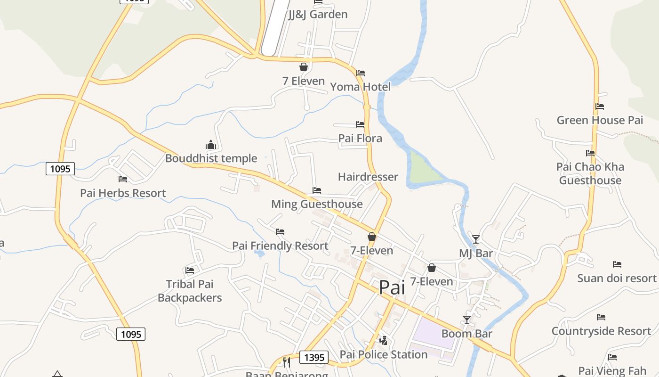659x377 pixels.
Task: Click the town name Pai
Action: click(392, 287)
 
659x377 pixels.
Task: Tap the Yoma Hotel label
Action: click(360, 87)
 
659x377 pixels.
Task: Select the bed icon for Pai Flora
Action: click(360, 124)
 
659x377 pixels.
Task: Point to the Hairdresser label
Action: click(368, 177)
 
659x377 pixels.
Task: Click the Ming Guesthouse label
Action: click(317, 204)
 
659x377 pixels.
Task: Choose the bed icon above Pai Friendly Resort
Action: click(280, 232)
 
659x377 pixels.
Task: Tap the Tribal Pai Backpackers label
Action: click(190, 291)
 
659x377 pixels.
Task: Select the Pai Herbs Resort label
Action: click(123, 193)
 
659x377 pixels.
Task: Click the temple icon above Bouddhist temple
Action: click(210, 145)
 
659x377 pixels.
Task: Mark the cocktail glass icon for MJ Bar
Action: click(476, 239)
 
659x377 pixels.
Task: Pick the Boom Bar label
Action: click(466, 334)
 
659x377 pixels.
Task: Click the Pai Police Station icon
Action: click(384, 340)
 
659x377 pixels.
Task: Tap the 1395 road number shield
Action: click(314, 357)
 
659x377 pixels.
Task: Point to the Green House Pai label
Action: click(600, 120)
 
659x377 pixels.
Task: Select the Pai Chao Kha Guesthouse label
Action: click(590, 173)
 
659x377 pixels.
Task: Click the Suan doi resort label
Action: click(617, 278)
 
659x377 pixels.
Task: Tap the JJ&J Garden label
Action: click(318, 15)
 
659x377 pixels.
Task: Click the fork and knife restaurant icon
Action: click(286, 362)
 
